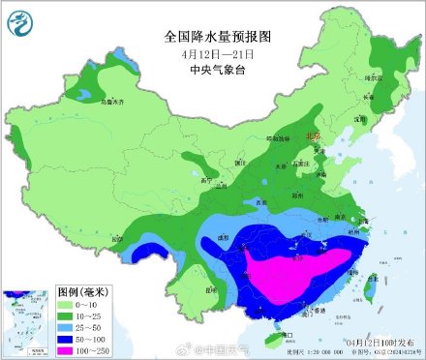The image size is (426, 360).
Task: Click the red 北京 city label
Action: point(312,137)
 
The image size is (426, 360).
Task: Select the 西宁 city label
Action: point(204,179)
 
